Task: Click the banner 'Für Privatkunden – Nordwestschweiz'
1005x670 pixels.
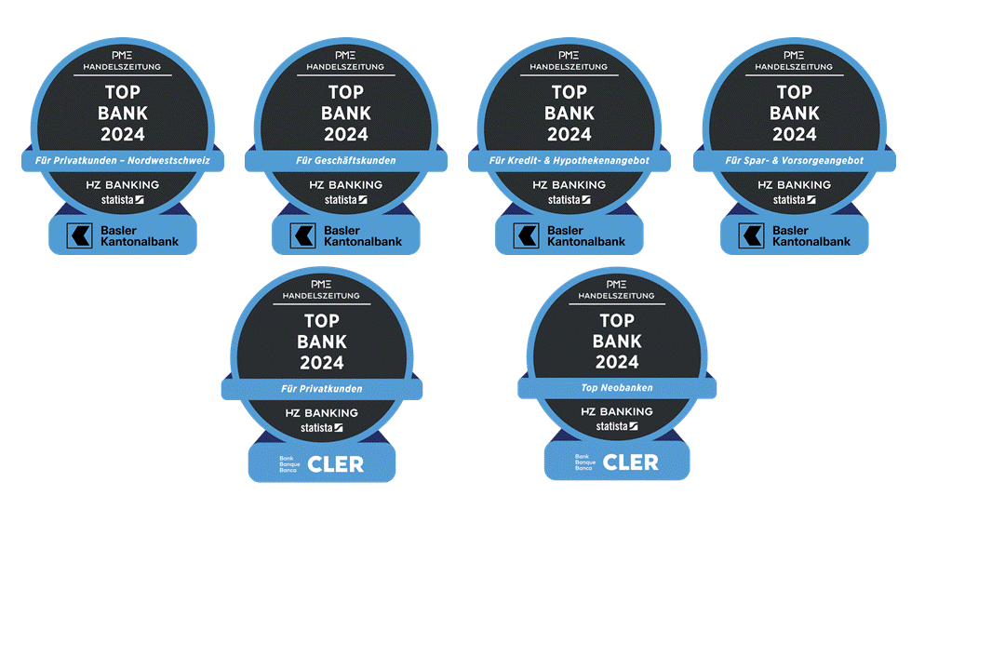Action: [x=123, y=161]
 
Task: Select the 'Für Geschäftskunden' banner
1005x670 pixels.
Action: [x=346, y=161]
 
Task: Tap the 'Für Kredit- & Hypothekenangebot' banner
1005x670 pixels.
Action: [x=569, y=161]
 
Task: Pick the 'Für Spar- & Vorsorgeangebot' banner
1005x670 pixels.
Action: [x=795, y=161]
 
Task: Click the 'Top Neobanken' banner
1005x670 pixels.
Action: [x=617, y=387]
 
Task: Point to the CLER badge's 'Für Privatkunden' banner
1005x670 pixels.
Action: [x=322, y=389]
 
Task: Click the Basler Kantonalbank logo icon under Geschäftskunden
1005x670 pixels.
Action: [x=303, y=235]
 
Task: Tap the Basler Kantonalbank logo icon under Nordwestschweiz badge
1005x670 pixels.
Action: [x=80, y=235]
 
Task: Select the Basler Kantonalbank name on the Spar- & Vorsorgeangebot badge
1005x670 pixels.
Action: [x=811, y=235]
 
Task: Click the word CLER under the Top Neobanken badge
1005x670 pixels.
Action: [x=630, y=462]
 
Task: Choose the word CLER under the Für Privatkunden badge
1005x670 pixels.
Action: [x=335, y=463]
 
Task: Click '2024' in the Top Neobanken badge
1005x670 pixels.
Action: [x=617, y=362]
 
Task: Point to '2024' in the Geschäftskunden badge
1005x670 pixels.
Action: [x=346, y=134]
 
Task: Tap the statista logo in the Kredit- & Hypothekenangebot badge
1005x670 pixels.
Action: [x=569, y=199]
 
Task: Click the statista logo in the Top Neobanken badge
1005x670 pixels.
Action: [x=617, y=426]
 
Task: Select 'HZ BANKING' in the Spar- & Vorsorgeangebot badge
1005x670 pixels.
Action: [x=795, y=185]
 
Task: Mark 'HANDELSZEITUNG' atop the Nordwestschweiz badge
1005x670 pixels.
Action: [x=123, y=67]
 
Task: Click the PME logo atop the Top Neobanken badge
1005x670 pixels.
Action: [x=617, y=283]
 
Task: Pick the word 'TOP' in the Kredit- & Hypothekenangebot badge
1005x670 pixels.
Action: [x=569, y=92]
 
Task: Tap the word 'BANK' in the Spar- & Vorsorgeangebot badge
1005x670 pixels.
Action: [x=795, y=113]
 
